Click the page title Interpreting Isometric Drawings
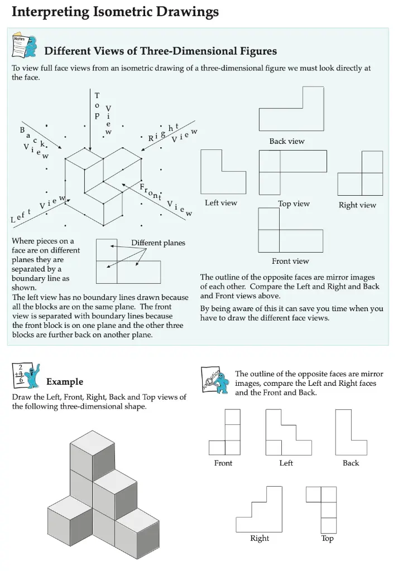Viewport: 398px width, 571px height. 115,12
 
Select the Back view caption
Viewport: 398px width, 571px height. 287,141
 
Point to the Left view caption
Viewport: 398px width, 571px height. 220,203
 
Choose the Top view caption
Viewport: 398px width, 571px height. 294,204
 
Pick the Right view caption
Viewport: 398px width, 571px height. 357,205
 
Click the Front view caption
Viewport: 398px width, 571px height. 290,261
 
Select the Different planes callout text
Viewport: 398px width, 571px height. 158,243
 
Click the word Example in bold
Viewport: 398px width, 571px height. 65,382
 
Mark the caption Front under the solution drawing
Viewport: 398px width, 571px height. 223,463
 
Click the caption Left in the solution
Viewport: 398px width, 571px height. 286,463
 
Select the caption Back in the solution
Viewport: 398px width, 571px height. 351,463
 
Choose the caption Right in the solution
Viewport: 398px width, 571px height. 260,538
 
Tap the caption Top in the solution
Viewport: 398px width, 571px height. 328,539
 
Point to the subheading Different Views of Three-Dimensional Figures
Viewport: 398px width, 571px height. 160,51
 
